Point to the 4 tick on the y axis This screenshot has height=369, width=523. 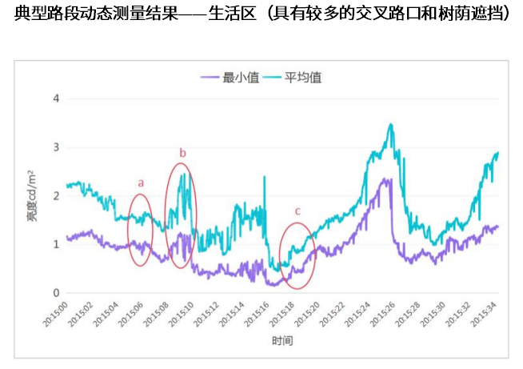tap(56, 98)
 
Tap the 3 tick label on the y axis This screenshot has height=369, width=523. tap(56, 147)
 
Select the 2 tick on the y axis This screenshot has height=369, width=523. tap(56, 195)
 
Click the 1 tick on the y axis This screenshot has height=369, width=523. tap(56, 244)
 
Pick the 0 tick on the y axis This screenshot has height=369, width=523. tap(56, 293)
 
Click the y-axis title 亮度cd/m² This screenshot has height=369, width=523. tap(31, 195)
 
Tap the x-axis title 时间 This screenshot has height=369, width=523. tap(282, 341)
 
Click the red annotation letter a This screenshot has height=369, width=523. tap(141, 183)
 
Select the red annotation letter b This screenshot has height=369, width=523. tap(182, 153)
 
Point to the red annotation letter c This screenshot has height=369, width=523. tap(297, 211)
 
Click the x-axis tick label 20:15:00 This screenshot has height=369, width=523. tap(56, 314)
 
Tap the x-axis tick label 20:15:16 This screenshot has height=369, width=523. tap(257, 314)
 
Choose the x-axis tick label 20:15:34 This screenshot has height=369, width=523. tap(483, 314)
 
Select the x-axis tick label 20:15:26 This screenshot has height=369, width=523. tap(382, 314)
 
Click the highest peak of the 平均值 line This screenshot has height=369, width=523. tap(391, 124)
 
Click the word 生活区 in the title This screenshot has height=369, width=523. tap(232, 14)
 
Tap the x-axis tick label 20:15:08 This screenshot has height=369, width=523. tap(156, 314)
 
